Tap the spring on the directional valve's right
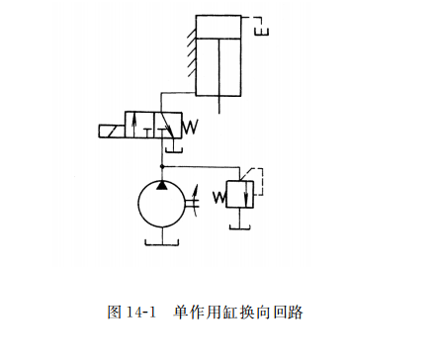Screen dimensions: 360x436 (192, 126)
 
